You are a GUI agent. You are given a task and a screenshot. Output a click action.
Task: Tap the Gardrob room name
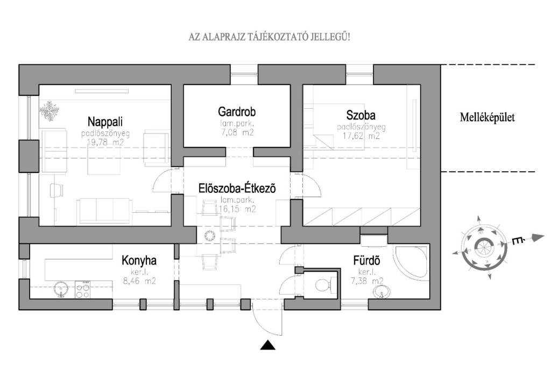237,112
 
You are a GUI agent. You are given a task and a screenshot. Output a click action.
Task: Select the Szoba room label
361,115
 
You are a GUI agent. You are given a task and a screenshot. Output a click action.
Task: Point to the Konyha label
139,261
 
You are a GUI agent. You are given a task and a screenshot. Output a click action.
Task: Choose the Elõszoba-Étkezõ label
236,189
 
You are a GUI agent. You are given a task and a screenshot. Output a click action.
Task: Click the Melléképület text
488,117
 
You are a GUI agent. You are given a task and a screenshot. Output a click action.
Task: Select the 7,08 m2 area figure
237,132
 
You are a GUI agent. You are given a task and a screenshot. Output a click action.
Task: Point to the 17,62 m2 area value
362,136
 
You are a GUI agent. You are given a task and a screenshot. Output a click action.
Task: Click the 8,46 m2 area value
139,281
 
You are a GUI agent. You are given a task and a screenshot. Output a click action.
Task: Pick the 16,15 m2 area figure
237,208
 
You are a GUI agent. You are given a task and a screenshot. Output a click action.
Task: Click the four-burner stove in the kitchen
82,290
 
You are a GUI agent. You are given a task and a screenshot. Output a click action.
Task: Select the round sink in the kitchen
61,290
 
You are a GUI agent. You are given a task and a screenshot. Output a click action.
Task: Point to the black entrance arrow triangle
267,346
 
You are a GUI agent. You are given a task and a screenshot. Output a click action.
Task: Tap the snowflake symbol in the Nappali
50,110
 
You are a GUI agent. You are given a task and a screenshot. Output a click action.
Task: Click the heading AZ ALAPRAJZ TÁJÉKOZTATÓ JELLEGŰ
269,37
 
